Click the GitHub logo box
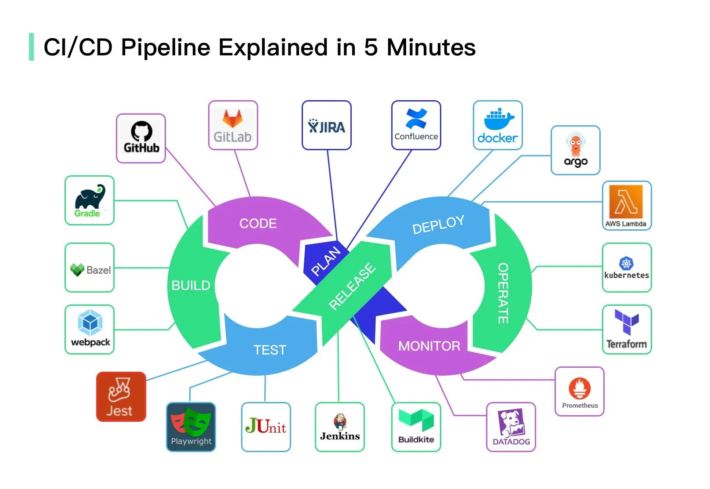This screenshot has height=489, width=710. (141, 138)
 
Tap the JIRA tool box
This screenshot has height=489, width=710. (327, 126)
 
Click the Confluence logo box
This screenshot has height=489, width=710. (416, 126)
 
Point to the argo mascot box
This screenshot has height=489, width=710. (575, 150)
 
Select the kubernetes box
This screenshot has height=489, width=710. (627, 268)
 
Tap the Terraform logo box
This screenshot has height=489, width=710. (627, 330)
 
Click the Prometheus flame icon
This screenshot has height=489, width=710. (580, 388)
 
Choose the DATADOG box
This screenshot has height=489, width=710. (511, 427)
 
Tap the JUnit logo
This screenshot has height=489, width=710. (266, 426)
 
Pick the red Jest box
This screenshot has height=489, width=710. (121, 397)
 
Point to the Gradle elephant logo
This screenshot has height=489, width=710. (90, 198)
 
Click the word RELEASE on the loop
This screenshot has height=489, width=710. (352, 286)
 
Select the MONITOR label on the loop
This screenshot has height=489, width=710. (429, 346)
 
